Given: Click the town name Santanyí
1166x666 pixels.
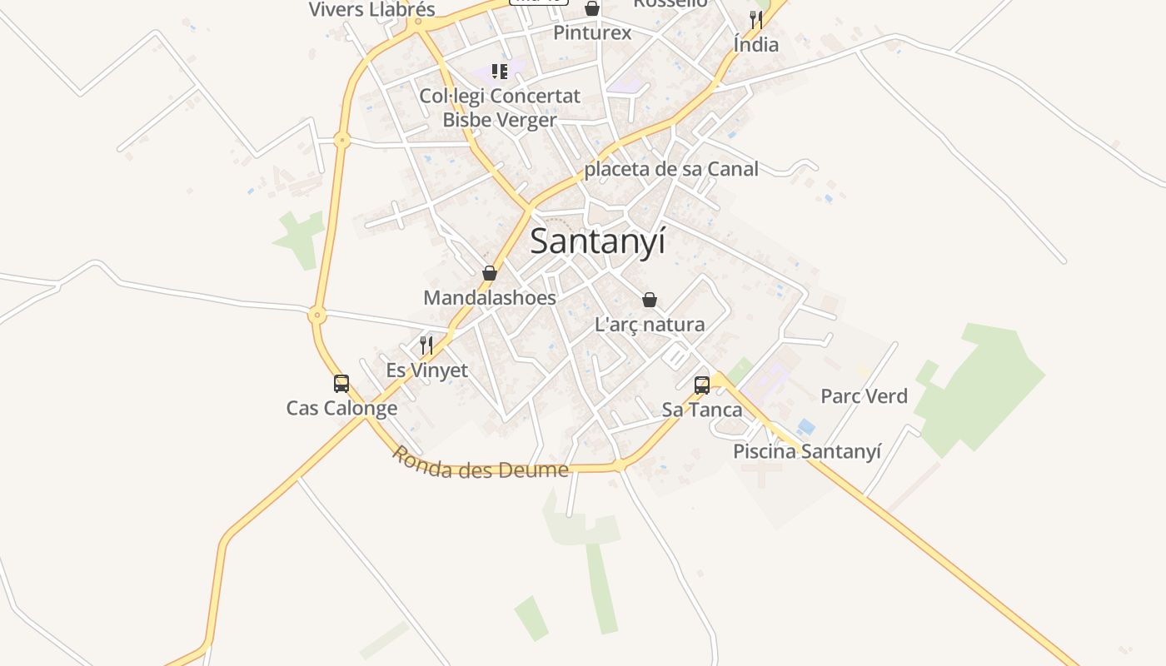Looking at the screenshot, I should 597,241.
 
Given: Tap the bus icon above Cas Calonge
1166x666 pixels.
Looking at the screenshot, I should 341,384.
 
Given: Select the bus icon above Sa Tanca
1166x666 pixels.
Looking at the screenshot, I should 702,385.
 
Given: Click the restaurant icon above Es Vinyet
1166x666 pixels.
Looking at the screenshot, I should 426,345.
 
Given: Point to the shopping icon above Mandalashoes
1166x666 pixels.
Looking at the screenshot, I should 490,273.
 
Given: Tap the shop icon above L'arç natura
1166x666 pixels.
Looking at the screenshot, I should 650,300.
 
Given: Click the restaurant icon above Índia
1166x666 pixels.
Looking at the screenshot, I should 756,19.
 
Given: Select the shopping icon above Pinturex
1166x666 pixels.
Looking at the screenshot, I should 592,9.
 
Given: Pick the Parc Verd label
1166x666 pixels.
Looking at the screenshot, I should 864,396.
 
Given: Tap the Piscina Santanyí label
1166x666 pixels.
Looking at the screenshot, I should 806,451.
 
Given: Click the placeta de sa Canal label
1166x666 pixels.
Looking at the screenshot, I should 671,169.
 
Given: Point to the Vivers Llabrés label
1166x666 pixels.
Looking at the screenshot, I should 372,10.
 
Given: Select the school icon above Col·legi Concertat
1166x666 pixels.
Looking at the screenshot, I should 500,72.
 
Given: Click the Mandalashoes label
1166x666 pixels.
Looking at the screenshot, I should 490,297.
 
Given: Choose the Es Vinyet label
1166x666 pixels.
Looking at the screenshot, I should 427,370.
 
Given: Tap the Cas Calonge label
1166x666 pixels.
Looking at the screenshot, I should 341,408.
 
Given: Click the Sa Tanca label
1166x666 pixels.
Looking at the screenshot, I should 702,410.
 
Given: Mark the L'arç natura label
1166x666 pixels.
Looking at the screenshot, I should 650,325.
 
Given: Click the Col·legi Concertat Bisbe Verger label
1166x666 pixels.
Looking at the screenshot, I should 500,108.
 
